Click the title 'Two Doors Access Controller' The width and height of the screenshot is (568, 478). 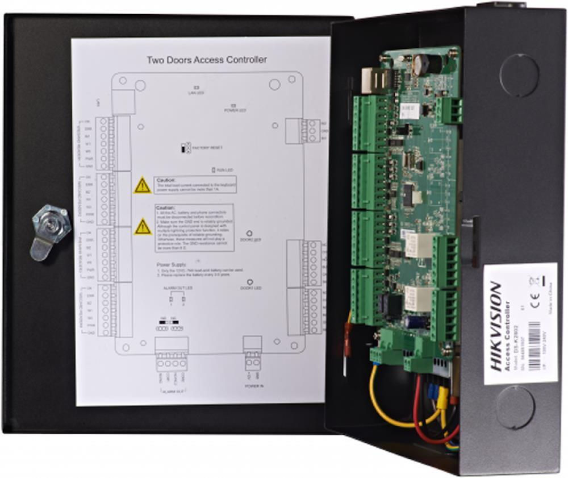click(x=207, y=59)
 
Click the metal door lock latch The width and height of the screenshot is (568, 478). click(x=50, y=230)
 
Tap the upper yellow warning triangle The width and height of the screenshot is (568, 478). click(x=143, y=185)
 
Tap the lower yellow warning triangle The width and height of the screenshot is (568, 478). click(x=143, y=227)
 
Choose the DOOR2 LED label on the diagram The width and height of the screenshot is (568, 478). click(x=250, y=239)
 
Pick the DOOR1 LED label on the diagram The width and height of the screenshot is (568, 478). click(x=250, y=288)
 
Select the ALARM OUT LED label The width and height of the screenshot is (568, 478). click(x=174, y=289)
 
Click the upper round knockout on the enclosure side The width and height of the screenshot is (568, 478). click(x=519, y=75)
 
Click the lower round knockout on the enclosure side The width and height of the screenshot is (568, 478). click(x=515, y=407)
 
